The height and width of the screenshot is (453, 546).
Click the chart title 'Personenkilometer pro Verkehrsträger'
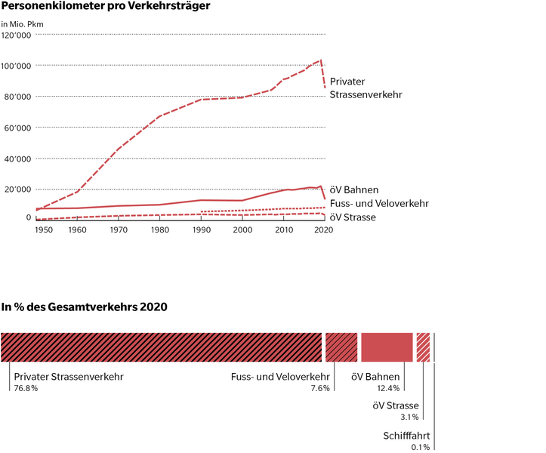tap(105, 7)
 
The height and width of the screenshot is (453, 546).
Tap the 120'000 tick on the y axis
tap(16, 35)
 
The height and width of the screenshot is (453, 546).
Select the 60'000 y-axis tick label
tap(18, 128)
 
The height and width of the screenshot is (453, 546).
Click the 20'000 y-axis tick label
tap(18, 190)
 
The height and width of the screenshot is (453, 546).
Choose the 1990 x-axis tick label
tap(201, 230)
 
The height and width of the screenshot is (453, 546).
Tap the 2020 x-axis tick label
tap(323, 230)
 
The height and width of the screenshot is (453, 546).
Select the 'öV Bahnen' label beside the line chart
tap(355, 190)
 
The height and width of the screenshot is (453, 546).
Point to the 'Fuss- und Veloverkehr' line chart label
tap(379, 203)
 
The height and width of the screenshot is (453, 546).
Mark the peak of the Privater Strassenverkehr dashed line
tap(321, 60)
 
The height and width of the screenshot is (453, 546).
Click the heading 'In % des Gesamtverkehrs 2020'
tap(84, 307)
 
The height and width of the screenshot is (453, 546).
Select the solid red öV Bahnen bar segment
tap(387, 347)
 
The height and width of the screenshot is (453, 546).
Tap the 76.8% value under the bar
tap(25, 388)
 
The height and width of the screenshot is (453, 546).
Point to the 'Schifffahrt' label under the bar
tap(406, 435)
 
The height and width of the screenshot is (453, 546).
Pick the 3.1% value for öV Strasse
tap(409, 417)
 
